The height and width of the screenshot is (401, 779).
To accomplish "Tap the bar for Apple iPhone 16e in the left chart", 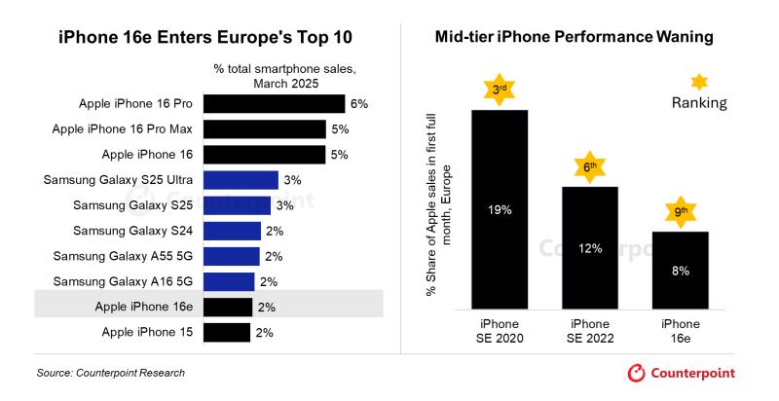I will [x=228, y=307].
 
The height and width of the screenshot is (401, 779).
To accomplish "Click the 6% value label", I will [x=359, y=103].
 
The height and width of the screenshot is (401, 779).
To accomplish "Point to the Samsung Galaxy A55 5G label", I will [x=124, y=256].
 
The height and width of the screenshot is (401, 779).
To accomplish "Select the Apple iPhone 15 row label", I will [x=148, y=333].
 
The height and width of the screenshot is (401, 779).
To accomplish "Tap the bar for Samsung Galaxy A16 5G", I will [x=229, y=281].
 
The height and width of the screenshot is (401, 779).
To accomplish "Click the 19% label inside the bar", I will [x=500, y=208].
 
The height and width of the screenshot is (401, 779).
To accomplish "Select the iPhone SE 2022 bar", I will [x=590, y=248].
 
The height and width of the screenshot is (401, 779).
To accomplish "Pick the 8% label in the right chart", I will [x=680, y=271].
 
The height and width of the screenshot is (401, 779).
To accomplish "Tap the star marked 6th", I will [x=589, y=166].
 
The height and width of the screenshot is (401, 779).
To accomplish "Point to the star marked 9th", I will [x=680, y=211].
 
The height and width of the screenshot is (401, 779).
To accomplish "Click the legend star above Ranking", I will [x=698, y=82].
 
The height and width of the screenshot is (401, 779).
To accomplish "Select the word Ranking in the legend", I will [x=699, y=103].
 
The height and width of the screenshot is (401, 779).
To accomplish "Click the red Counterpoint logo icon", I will [x=637, y=373].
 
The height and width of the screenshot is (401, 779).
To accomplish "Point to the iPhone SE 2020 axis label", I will [x=500, y=331].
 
